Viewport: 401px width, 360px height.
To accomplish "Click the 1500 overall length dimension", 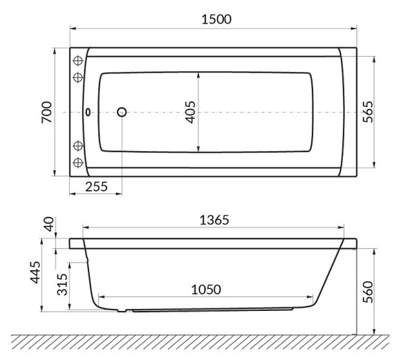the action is coord(216,19).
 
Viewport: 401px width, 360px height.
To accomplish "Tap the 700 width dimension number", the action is coord(47,113).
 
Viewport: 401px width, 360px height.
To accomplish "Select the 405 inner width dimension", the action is coord(190,112).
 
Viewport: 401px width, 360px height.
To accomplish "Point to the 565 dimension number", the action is coord(368,112).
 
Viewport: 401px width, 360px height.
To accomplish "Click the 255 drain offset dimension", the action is coord(96,187).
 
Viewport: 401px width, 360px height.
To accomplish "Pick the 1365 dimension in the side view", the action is coord(214,220).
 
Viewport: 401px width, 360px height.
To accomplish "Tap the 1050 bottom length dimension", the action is coord(206,290).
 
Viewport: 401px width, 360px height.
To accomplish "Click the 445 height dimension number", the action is coord(35,272).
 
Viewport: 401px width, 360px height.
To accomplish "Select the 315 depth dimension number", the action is coord(62,285).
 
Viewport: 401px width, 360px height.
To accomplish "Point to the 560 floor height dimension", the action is coord(368,292).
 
